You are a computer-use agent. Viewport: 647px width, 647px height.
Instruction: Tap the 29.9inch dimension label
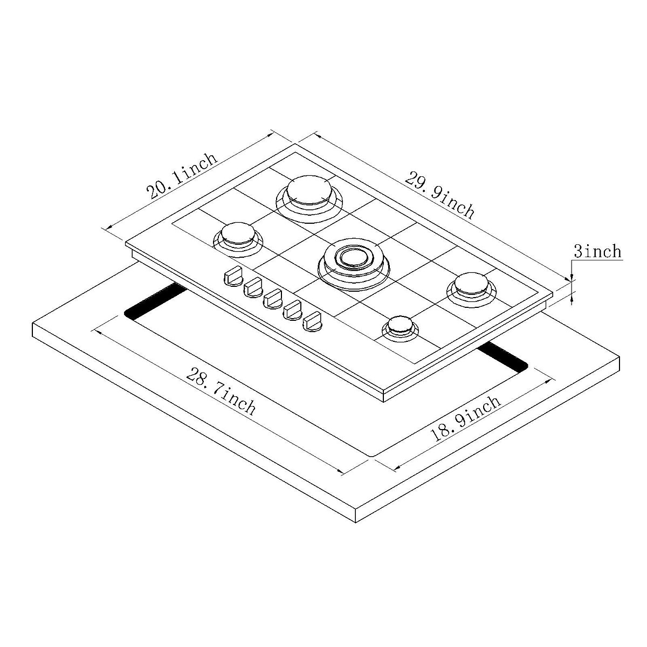point(439,195)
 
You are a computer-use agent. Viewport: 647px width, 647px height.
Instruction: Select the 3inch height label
point(597,251)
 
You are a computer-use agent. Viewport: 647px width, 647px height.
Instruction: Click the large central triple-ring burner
point(353,259)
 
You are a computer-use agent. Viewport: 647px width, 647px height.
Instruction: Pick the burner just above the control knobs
point(237,237)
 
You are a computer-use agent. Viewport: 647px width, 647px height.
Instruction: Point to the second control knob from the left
point(253,287)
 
